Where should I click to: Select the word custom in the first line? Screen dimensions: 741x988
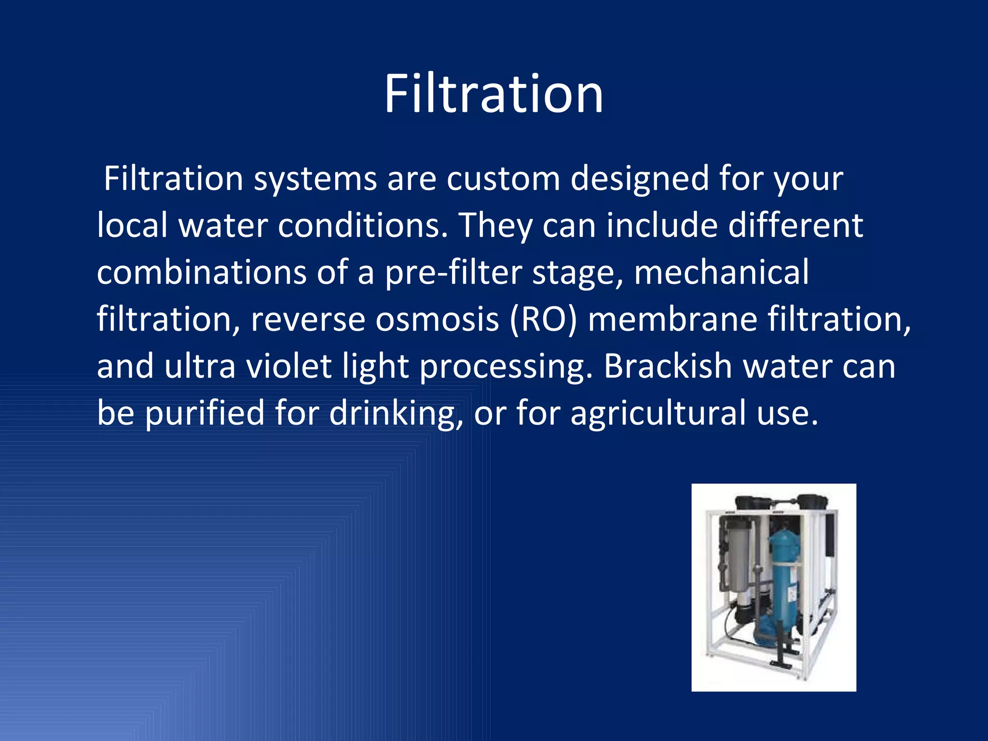point(503,179)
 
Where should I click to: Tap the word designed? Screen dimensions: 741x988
point(640,179)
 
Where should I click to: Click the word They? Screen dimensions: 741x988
point(495,226)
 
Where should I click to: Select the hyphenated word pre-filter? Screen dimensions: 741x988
point(453,273)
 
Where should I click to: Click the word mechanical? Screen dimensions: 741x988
point(721,273)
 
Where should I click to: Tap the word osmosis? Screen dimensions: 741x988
point(437,319)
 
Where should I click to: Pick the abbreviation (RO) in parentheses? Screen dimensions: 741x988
point(543,319)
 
